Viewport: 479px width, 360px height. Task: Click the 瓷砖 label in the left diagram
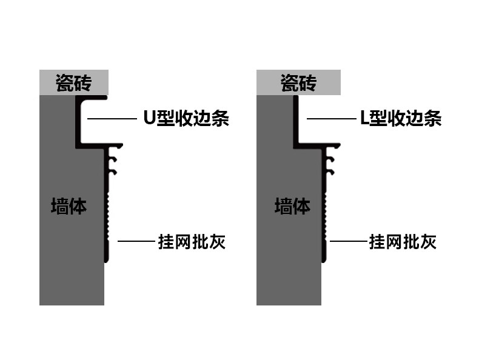(73, 82)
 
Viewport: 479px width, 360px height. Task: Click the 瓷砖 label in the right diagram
(298, 82)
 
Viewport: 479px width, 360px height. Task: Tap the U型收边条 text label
(186, 118)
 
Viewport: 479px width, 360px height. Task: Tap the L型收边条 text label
(401, 118)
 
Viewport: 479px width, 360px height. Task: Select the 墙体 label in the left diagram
(69, 206)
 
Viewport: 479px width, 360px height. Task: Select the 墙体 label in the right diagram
(292, 206)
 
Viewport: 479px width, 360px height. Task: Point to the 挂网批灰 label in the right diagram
(403, 242)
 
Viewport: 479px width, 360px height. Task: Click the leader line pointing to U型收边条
(112, 119)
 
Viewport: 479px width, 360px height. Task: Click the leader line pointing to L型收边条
(330, 119)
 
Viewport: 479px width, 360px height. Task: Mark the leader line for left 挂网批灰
(136, 242)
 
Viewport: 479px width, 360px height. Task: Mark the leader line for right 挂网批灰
(348, 242)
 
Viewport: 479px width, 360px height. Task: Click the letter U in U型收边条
(149, 118)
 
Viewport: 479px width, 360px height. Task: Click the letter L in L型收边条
(364, 118)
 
